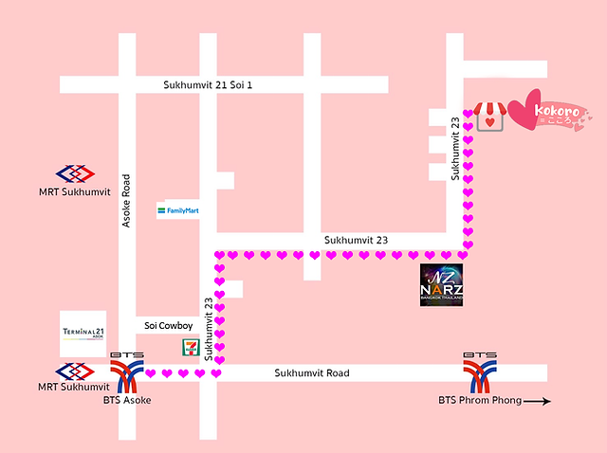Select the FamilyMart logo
click(x=178, y=209)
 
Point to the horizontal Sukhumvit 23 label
click(x=356, y=241)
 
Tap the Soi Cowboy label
click(x=169, y=326)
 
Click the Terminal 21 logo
click(x=83, y=334)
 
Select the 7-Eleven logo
click(x=190, y=348)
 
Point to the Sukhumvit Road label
click(x=312, y=373)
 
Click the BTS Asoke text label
click(x=127, y=401)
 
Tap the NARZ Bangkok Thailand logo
click(x=443, y=284)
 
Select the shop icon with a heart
click(x=488, y=117)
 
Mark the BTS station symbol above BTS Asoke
click(x=127, y=371)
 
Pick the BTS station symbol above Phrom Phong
click(x=479, y=371)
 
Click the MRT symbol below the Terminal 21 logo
click(x=75, y=371)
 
